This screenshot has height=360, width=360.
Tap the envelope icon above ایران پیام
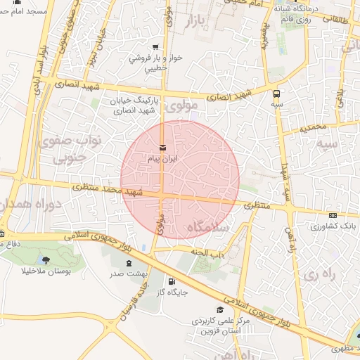163,148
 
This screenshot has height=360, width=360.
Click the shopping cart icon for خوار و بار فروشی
155,48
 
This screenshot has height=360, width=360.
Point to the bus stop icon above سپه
276,93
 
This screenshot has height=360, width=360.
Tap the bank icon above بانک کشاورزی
333,215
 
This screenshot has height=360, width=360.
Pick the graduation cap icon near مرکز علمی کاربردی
220,309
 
